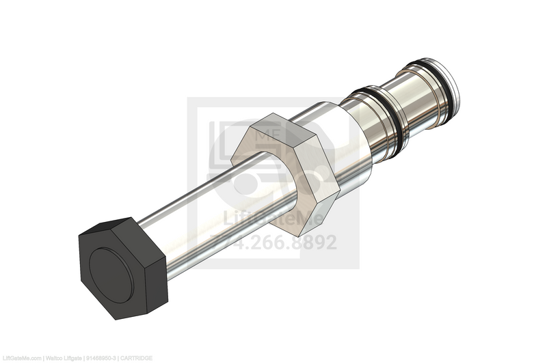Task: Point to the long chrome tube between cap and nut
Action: (205, 212)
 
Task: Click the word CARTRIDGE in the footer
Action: (138, 358)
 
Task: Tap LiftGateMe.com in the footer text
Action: (21, 358)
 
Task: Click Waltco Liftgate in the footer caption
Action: (64, 358)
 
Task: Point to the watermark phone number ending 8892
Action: (273, 242)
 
